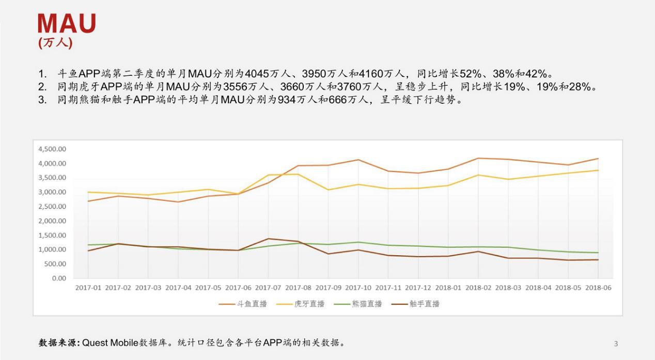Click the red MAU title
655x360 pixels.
[67, 24]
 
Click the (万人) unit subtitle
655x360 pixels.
[55, 43]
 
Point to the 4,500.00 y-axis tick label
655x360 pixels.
[52, 149]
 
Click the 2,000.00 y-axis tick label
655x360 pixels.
[52, 221]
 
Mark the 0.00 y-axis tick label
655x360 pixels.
[59, 278]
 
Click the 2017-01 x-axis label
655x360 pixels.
[88, 288]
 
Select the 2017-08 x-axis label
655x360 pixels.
[299, 288]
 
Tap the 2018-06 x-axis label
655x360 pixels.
[598, 288]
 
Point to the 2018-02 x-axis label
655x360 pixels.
[478, 288]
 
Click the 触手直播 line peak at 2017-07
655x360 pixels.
[268, 239]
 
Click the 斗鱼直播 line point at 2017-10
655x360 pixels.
[358, 160]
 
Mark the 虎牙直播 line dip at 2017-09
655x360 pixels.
[328, 190]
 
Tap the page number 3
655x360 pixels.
[616, 343]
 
